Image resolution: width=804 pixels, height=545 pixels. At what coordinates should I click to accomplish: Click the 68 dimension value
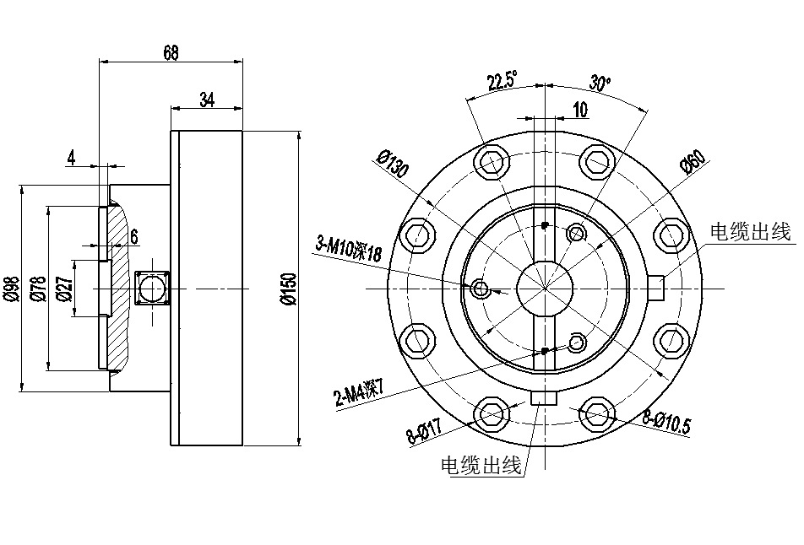click(171, 52)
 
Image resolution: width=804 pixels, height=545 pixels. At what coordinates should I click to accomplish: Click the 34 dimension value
click(207, 100)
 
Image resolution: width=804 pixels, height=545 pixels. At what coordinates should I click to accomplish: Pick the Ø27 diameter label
click(65, 289)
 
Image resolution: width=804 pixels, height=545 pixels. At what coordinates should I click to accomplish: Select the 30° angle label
click(600, 84)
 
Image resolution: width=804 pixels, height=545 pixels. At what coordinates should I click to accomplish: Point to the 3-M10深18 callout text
click(350, 250)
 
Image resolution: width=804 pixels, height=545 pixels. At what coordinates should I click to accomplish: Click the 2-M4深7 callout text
click(359, 392)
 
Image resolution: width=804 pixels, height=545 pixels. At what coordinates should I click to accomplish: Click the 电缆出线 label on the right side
click(750, 232)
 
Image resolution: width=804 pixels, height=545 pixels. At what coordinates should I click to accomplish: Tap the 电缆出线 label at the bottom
click(481, 465)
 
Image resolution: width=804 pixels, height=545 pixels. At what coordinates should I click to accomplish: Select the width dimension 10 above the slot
click(580, 109)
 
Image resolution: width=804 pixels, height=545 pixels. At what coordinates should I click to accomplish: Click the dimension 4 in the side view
click(72, 157)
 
